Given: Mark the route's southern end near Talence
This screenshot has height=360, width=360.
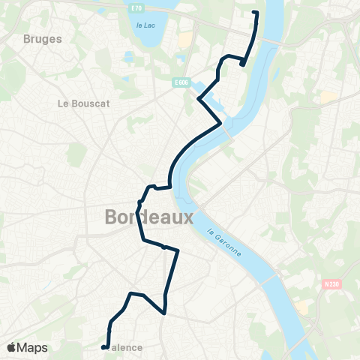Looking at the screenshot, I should point(102,346).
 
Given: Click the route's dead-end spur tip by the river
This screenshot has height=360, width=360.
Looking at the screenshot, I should point(243,64).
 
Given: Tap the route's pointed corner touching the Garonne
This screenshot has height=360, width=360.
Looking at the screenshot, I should point(220,122).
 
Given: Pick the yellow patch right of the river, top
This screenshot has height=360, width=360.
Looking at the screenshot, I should point(328,97).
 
